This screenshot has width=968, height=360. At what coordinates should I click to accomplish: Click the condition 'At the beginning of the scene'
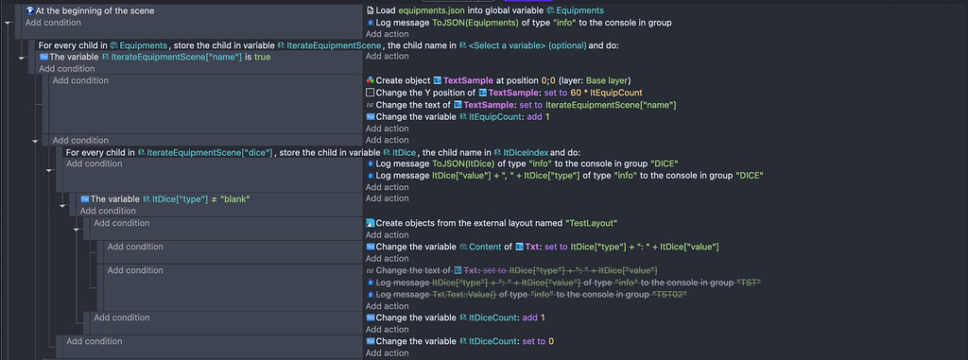(x=89, y=10)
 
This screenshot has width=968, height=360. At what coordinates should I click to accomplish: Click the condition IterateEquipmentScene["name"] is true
(x=151, y=58)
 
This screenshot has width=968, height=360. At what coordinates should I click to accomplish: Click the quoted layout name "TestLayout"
(x=591, y=223)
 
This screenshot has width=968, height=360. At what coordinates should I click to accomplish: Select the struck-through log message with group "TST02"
(x=530, y=294)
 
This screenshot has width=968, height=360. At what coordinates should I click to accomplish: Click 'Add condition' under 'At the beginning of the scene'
(x=53, y=22)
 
